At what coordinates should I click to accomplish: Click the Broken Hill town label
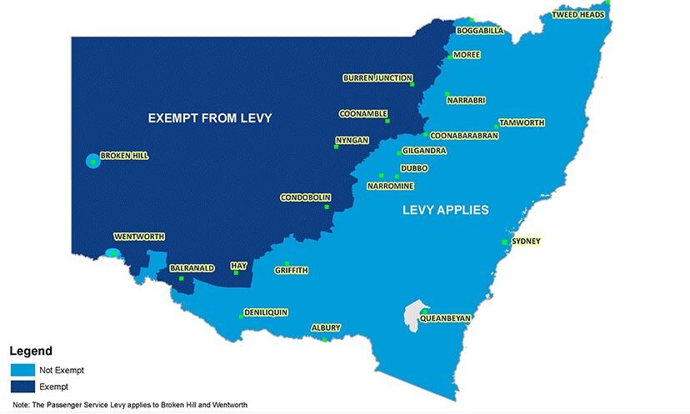coord(124,156)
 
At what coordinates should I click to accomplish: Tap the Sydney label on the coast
coord(526,242)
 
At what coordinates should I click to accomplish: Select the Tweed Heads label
coord(577,15)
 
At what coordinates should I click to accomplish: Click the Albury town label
coord(325,328)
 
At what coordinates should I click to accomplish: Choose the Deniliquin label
coord(266,312)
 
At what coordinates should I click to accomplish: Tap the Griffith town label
coord(292,270)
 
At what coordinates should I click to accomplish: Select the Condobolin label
coord(305,198)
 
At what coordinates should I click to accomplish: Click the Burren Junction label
coord(377,78)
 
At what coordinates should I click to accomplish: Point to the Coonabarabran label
coord(463,135)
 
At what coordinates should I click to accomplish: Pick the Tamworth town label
coord(522,122)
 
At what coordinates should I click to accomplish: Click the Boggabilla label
coord(480,31)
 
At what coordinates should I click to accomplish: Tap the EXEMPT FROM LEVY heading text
coord(210,118)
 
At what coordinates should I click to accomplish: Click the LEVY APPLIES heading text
coord(445,210)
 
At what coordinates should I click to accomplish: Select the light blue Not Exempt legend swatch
coord(21,370)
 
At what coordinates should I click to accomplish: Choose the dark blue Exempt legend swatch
coord(21,387)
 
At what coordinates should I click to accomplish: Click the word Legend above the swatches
coord(31,352)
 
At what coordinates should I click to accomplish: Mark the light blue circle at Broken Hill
coord(92,161)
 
